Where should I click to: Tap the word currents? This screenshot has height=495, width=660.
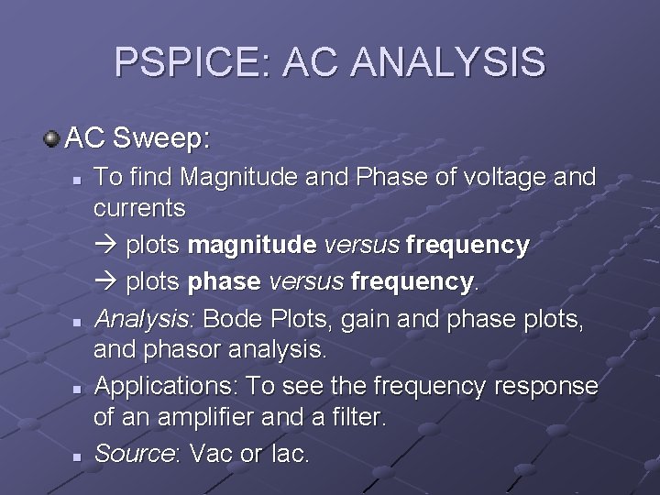139,208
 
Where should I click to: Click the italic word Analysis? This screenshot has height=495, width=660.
145,319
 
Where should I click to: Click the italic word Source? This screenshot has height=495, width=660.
132,453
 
